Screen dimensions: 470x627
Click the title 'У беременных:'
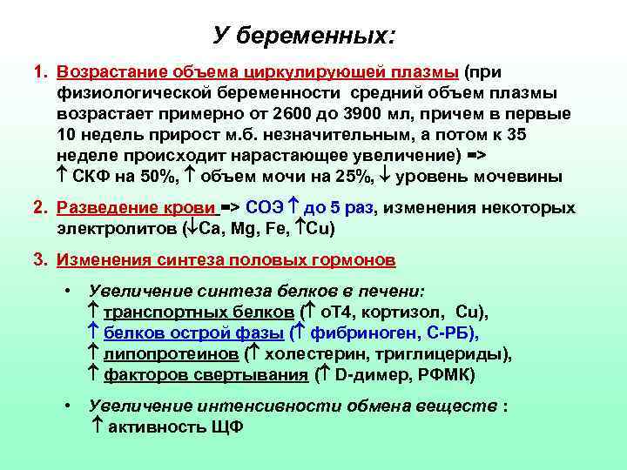click(x=304, y=37)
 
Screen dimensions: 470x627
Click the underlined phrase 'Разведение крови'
click(x=136, y=208)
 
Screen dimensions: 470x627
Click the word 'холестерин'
click(x=310, y=354)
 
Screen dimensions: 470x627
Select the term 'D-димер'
click(x=365, y=375)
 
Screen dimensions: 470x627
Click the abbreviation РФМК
click(x=445, y=375)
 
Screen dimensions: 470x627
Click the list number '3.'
click(x=40, y=259)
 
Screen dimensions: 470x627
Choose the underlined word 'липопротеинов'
click(x=170, y=354)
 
